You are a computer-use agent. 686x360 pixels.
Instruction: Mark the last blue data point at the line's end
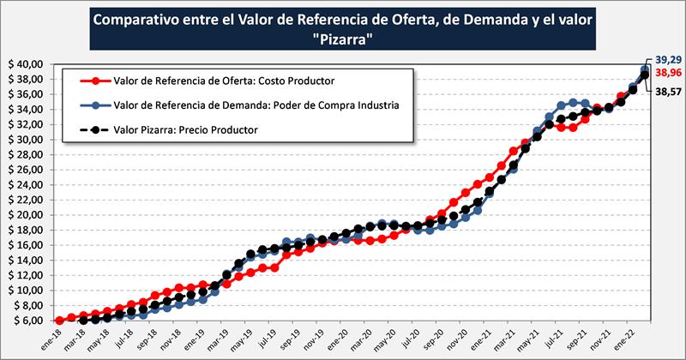pyautogui.click(x=646, y=69)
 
